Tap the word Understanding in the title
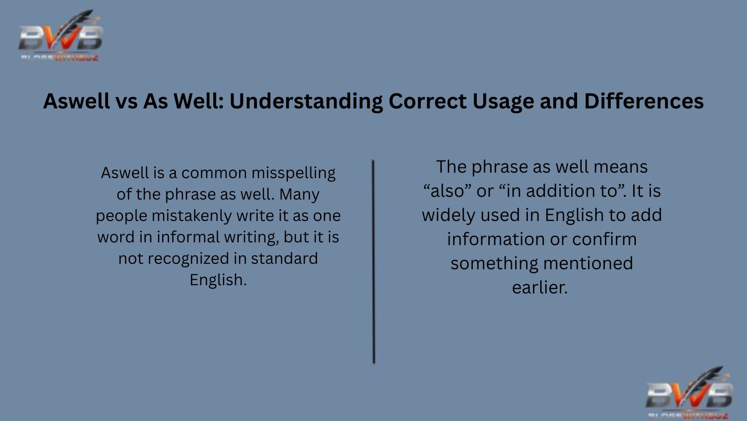tap(306, 101)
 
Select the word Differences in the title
tap(644, 101)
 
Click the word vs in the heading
tap(126, 101)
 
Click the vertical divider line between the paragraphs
tap(373, 262)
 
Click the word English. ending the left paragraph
tap(218, 280)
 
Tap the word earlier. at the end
tap(540, 288)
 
